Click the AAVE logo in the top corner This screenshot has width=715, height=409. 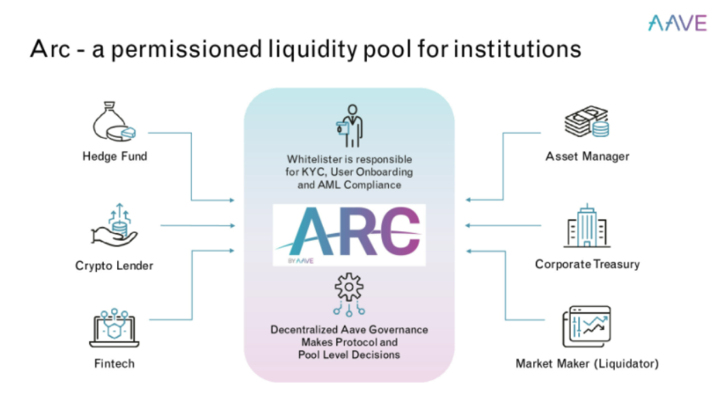click(677, 22)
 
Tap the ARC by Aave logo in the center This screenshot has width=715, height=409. click(349, 234)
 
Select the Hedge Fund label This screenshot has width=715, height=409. click(114, 156)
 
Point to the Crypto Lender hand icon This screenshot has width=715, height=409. click(114, 224)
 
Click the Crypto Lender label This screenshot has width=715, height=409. click(114, 266)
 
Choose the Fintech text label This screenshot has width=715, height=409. click(114, 364)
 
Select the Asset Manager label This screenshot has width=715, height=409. click(587, 156)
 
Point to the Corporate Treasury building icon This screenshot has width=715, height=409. click(586, 225)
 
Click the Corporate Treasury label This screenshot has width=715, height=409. click(587, 264)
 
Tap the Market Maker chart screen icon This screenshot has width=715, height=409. click(586, 327)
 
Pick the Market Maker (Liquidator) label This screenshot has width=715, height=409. click(587, 364)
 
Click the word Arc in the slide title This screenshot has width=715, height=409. click(50, 50)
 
